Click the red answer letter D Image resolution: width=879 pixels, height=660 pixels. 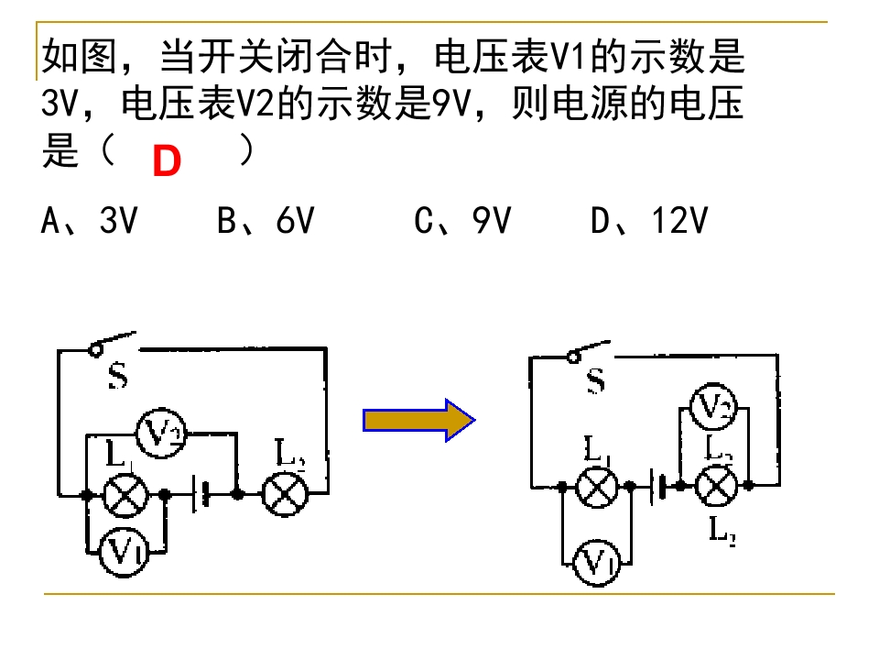tap(167, 162)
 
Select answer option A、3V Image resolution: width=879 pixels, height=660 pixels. tap(89, 221)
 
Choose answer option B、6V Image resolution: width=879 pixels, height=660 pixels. tap(266, 221)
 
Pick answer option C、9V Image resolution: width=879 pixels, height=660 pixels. tap(462, 221)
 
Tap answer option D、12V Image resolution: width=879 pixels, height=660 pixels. tap(649, 221)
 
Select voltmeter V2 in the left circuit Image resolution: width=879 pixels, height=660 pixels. tap(161, 430)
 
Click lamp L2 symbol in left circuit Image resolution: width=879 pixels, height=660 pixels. tap(284, 494)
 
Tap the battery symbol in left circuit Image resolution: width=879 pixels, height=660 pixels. tap(201, 495)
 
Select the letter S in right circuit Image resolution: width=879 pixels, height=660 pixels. tap(595, 380)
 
